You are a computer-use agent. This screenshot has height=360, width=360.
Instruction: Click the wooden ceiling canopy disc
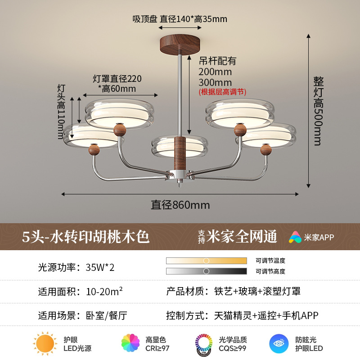point(180,43)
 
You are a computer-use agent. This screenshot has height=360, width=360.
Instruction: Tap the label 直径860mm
point(180,205)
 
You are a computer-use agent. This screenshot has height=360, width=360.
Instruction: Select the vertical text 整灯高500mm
point(319,111)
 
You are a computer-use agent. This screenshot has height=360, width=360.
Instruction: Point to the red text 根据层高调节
point(222,92)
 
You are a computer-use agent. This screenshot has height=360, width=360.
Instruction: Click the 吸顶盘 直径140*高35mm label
point(180,19)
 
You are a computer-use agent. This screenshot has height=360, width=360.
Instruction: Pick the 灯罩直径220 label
point(117,79)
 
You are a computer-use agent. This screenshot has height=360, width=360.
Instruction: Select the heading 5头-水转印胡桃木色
point(85,236)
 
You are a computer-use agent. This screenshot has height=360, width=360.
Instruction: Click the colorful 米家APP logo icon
point(295,237)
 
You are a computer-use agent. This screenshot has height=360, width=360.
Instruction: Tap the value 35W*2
point(100,267)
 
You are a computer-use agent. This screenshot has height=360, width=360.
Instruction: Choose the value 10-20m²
point(104,292)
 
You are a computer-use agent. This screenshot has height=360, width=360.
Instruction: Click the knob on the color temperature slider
point(206,261)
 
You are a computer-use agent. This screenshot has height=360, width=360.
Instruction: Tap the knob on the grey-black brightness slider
point(206,271)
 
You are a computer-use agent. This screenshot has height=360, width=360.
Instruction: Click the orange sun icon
point(45,344)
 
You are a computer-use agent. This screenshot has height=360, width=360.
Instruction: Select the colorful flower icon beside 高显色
point(130,344)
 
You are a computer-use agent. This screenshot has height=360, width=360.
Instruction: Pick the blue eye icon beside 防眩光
point(279,344)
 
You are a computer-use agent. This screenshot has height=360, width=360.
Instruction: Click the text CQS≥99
point(232,348)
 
